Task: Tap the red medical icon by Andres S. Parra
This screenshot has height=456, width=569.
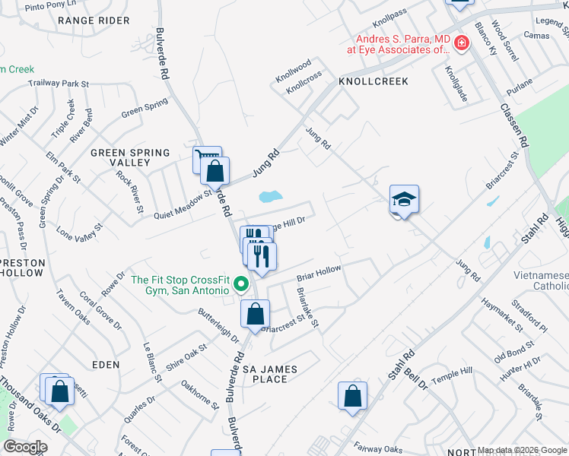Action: [x=461, y=43]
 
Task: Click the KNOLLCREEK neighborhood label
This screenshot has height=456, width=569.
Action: [x=374, y=81]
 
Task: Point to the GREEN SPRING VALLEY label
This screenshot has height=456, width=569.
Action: [x=130, y=157]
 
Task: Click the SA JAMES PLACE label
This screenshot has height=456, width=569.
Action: [x=270, y=374]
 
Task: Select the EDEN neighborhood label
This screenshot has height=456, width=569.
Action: [x=106, y=365]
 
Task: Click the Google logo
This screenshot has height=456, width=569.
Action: [x=25, y=446]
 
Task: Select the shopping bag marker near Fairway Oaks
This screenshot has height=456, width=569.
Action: [x=352, y=396]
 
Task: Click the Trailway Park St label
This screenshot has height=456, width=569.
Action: [x=59, y=83]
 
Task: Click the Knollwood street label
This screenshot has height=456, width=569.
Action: [x=294, y=70]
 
